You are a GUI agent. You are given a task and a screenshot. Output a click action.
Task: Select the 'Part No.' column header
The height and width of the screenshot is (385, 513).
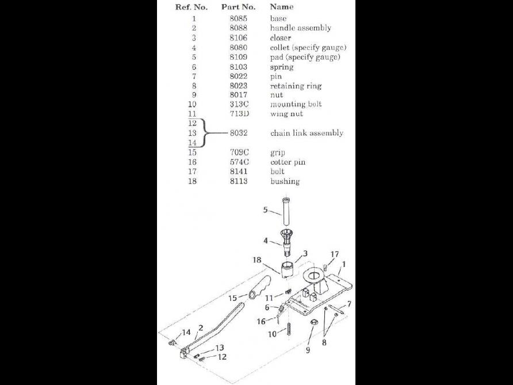point(238,7)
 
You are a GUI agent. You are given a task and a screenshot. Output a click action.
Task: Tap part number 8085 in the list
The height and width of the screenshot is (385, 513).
point(238,18)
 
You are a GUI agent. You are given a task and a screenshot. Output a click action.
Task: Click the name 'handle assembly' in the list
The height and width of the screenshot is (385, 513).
point(300,28)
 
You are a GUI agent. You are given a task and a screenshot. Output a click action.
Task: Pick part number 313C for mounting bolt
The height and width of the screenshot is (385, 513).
point(238,104)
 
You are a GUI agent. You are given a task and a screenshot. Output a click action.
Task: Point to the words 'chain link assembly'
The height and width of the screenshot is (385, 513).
point(307,133)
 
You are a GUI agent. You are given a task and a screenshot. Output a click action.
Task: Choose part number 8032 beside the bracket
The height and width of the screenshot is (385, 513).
point(238,133)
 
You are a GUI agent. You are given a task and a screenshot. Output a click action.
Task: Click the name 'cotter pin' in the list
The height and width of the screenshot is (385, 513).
point(288,162)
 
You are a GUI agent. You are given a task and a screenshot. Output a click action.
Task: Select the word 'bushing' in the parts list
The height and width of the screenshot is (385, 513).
point(285,181)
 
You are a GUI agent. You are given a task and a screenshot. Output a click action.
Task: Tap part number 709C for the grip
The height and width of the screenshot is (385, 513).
point(238,153)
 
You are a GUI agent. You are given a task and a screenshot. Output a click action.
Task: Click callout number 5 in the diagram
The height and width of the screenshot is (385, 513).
point(266,210)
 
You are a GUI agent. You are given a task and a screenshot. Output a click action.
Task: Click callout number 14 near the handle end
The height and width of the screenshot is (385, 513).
point(186,333)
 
